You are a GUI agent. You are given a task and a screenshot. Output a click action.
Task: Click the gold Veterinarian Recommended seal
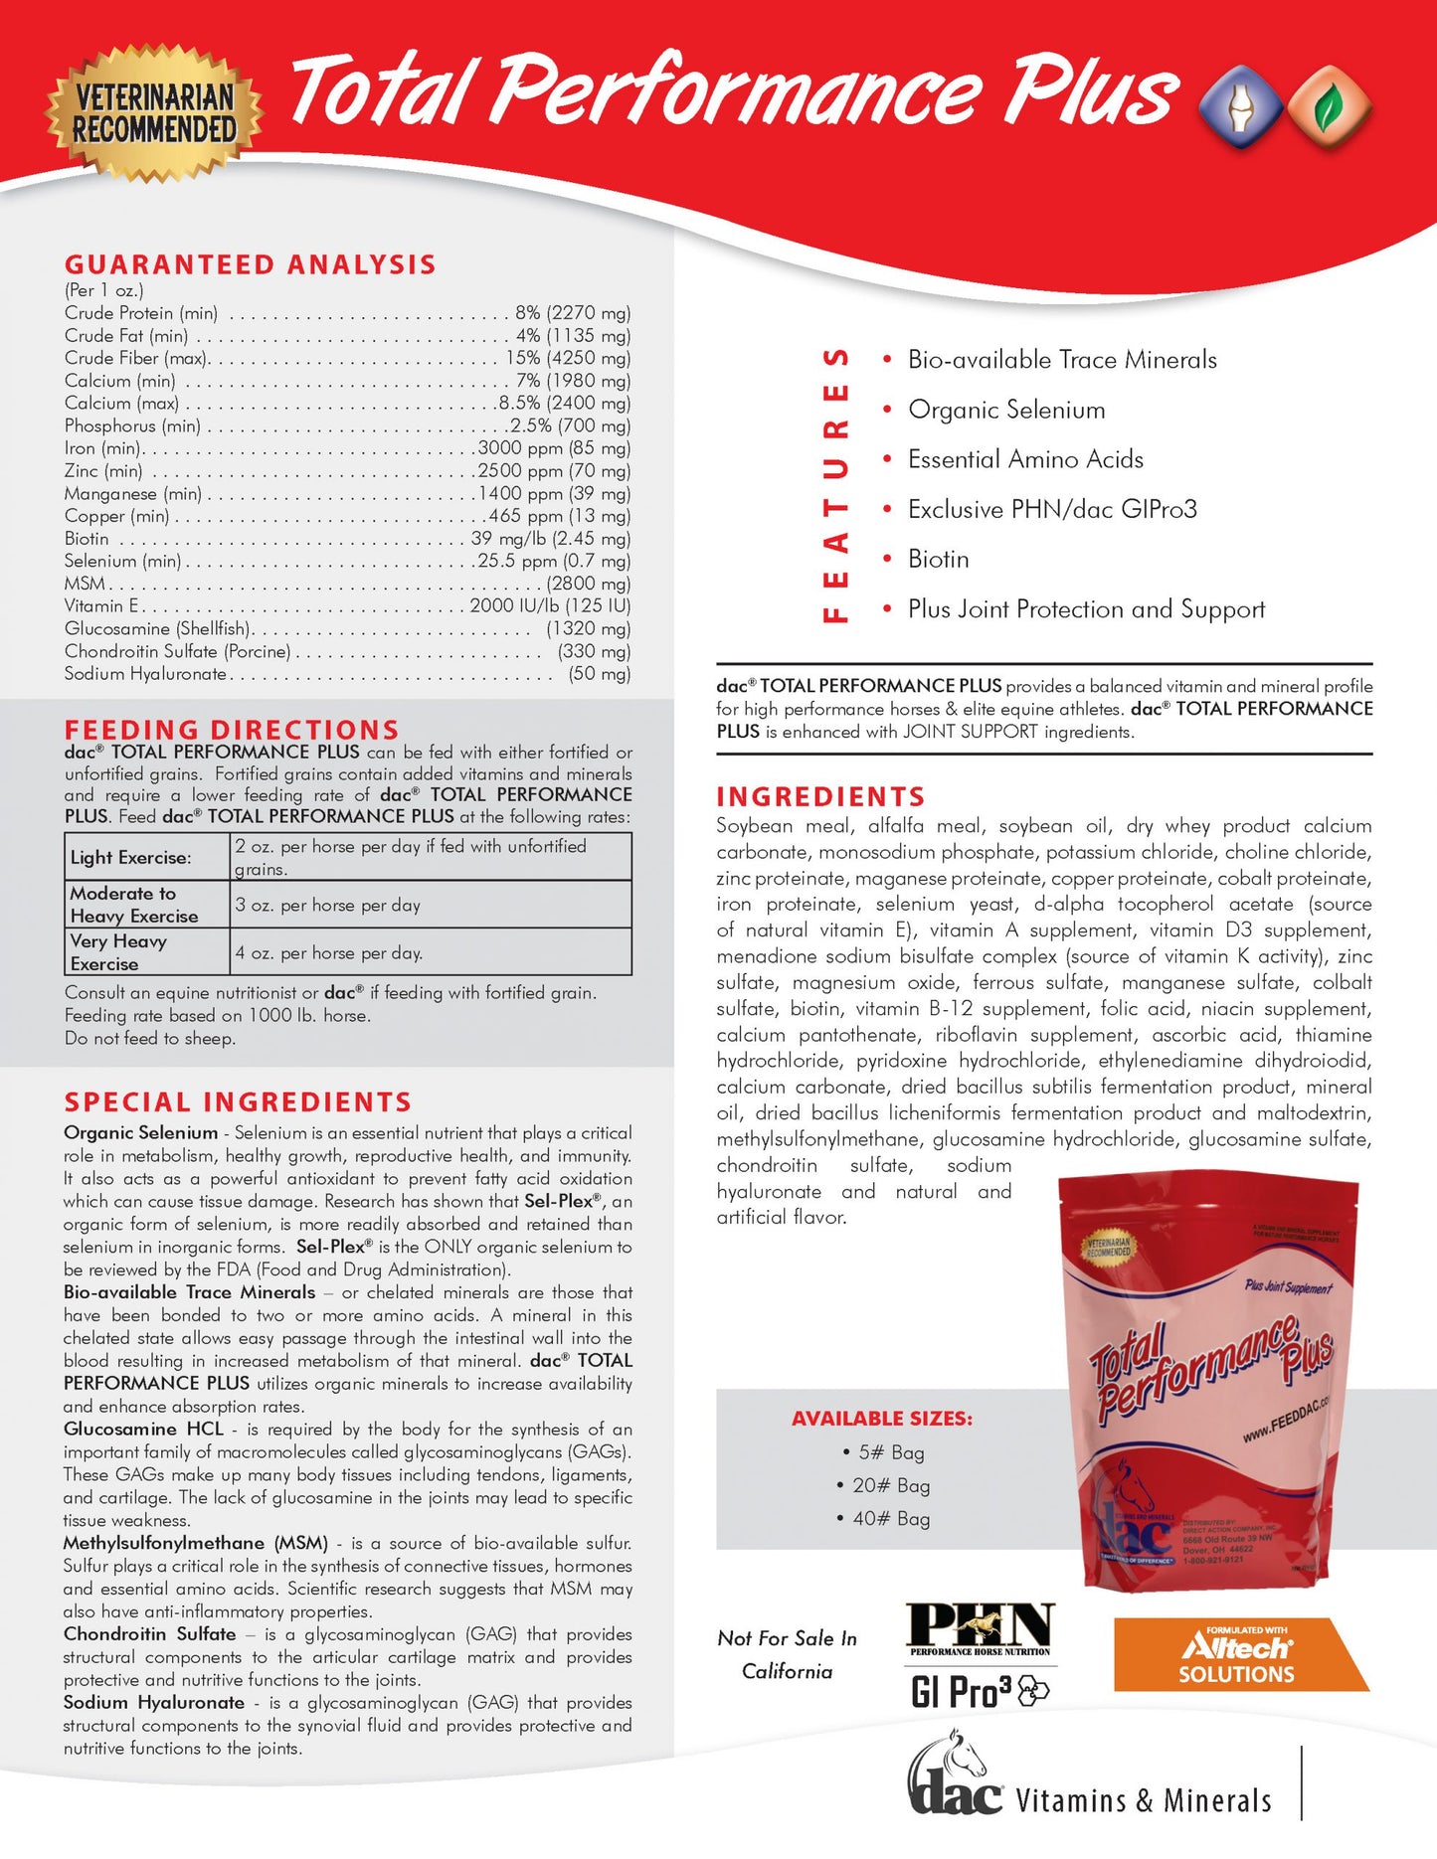coord(154,111)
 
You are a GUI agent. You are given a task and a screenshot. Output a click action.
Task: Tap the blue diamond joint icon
coord(1239,107)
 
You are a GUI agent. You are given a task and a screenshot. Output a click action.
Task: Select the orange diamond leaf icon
coord(1328,107)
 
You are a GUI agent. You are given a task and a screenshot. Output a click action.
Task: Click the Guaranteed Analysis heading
coord(250,264)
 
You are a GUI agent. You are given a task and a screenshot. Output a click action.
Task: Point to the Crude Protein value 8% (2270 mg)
coord(572,313)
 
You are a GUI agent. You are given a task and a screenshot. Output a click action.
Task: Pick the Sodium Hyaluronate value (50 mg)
coord(599,674)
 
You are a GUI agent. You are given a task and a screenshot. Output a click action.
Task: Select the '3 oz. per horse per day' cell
coord(328,906)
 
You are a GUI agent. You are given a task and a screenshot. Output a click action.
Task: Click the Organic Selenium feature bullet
coord(1005,410)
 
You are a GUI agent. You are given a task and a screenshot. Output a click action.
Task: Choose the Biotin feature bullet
coord(938,559)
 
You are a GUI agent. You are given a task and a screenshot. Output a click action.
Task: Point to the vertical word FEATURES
coord(836,485)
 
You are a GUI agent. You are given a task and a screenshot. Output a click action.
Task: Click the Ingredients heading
coord(820,797)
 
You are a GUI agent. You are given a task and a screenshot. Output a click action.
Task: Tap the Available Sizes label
coord(882,1419)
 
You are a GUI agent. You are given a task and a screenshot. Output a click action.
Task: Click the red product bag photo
coord(1208,1382)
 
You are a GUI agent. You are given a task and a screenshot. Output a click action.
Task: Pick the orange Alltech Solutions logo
coord(1237,1654)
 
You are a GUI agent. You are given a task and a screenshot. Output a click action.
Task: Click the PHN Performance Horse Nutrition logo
coord(981,1630)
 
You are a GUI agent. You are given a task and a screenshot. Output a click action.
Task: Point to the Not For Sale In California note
coord(788,1654)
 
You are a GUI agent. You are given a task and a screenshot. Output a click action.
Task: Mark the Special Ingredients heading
coord(238,1102)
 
